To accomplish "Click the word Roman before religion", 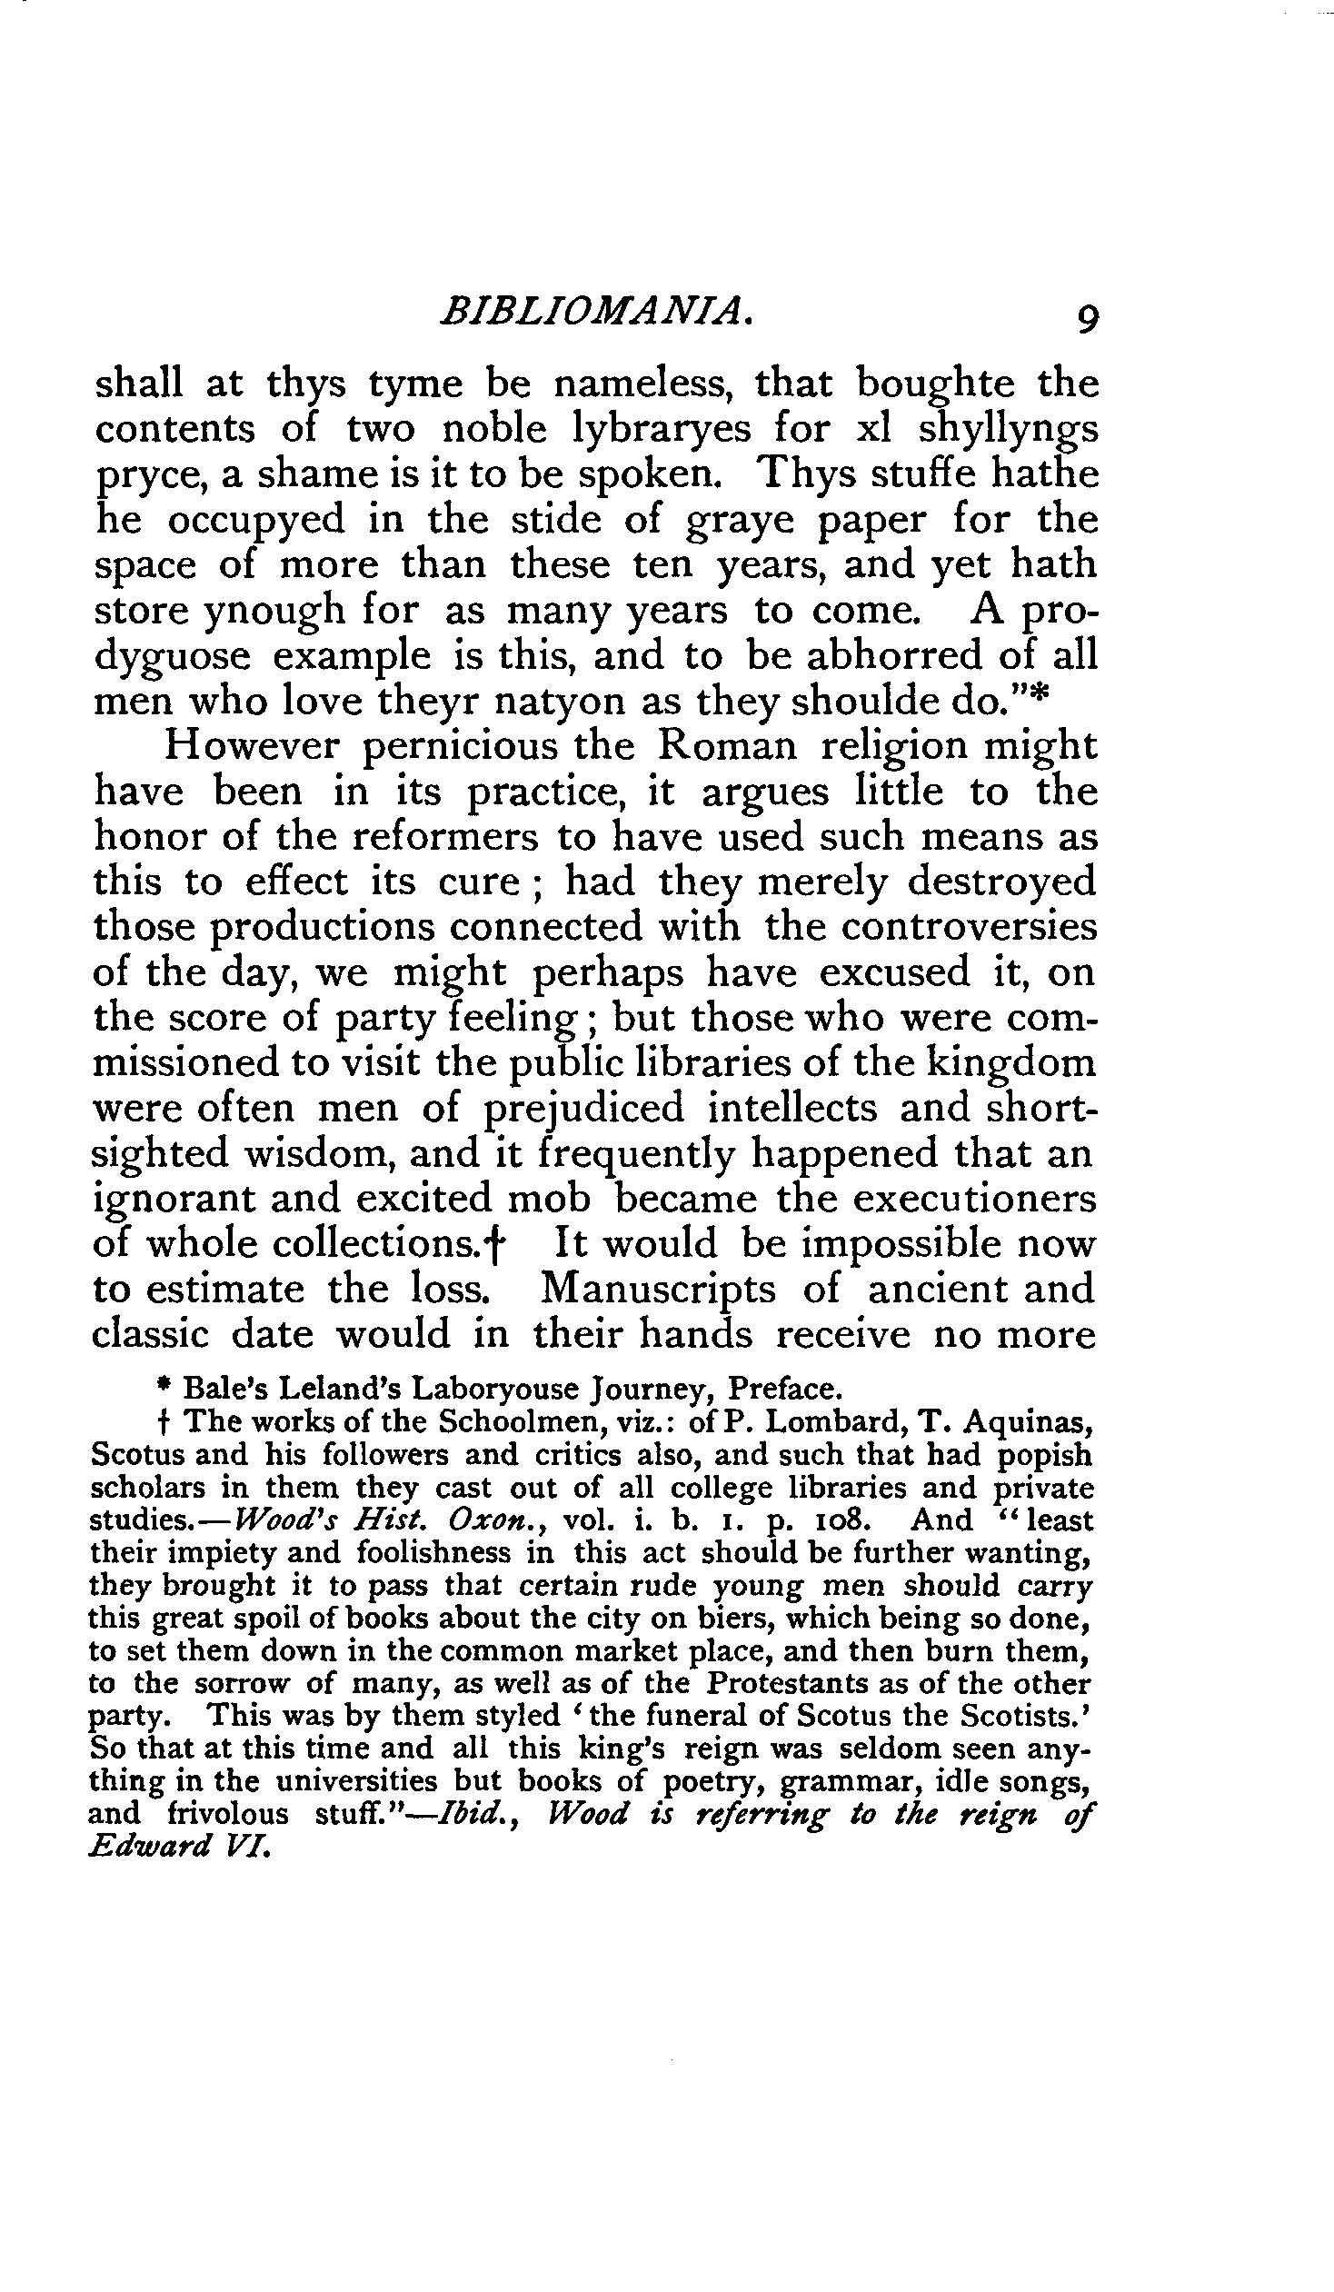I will pyautogui.click(x=727, y=746).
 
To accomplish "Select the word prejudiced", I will pyautogui.click(x=582, y=1110).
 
